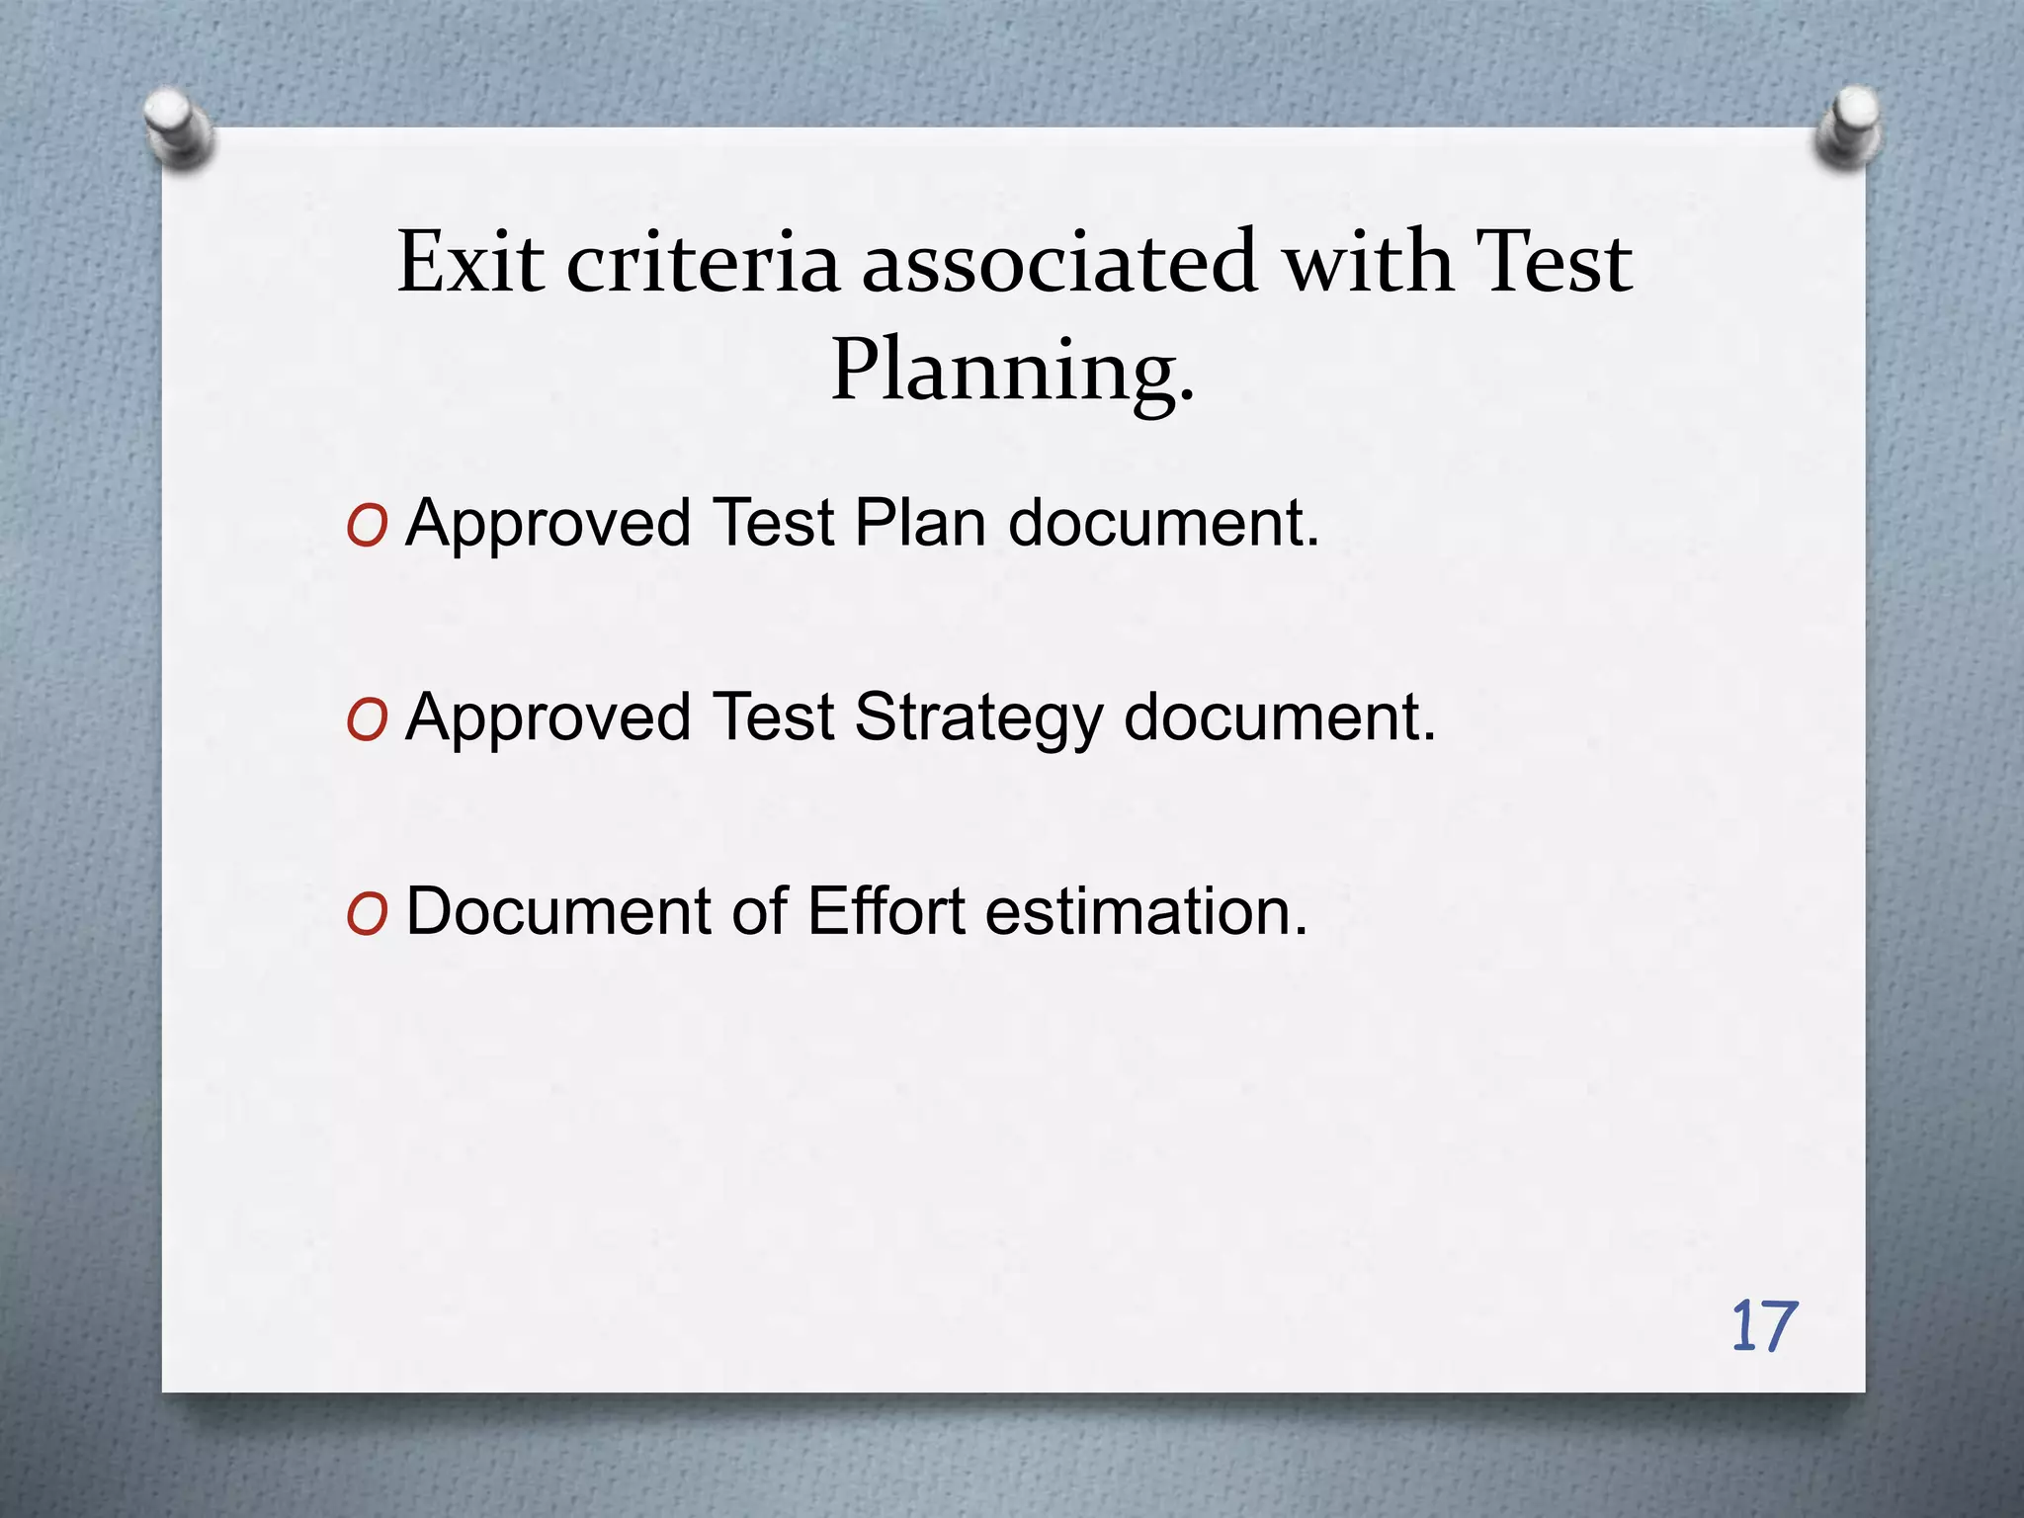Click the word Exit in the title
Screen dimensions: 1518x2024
pyautogui.click(x=470, y=263)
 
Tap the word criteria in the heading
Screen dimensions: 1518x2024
pyautogui.click(x=703, y=263)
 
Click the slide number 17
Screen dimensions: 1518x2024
pyautogui.click(x=1764, y=1327)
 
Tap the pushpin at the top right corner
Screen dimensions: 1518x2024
pyautogui.click(x=1848, y=127)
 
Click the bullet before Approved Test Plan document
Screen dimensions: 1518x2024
pyautogui.click(x=367, y=527)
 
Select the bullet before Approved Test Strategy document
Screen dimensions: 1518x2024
pyautogui.click(x=367, y=720)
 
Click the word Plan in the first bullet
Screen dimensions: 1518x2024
pyautogui.click(x=920, y=523)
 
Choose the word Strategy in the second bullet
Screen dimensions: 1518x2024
pyautogui.click(x=978, y=718)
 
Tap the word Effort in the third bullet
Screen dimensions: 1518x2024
pyautogui.click(x=885, y=911)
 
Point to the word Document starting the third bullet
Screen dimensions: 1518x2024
pyautogui.click(x=558, y=911)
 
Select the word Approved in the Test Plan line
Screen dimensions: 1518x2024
pyautogui.click(x=548, y=525)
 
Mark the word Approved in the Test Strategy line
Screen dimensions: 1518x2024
pyautogui.click(x=548, y=718)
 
